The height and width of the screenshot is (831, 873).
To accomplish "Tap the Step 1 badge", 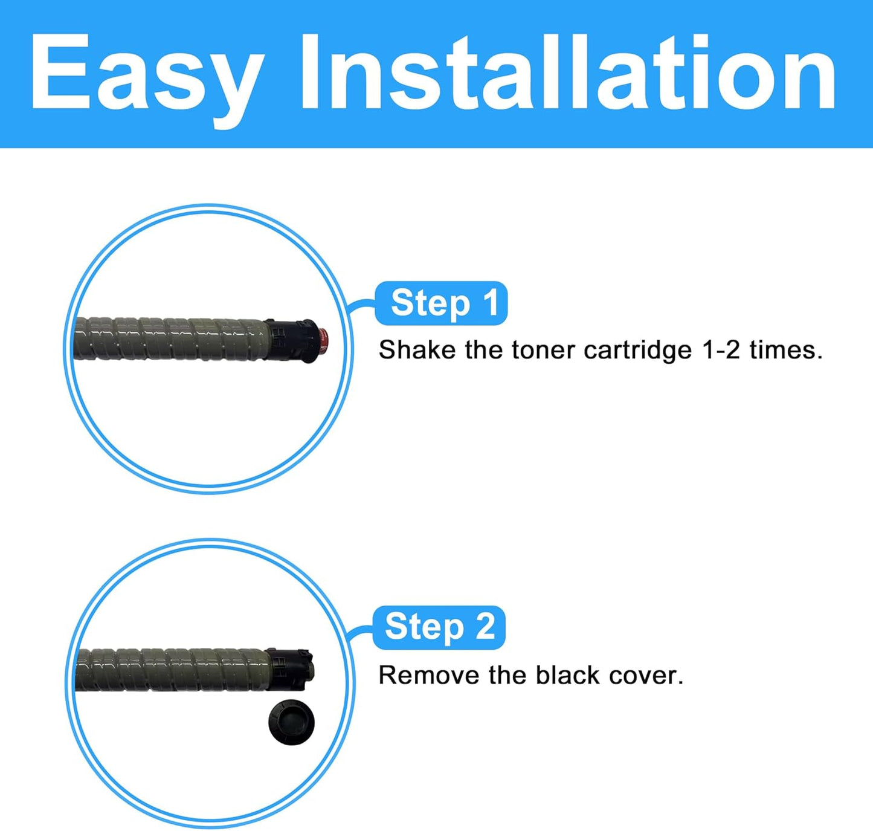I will (442, 303).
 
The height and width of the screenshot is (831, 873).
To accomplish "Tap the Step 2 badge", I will (439, 627).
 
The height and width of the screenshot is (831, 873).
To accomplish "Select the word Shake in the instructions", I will (417, 350).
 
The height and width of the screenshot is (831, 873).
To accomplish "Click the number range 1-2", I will (721, 350).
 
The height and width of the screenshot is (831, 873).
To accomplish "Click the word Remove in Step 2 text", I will (428, 675).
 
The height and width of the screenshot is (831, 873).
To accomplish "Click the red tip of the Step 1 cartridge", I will (323, 341).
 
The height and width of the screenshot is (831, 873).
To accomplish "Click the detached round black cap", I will (291, 722).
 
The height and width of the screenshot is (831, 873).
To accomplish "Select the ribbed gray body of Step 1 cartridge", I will (169, 339).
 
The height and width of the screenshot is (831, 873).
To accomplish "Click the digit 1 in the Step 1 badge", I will (491, 303).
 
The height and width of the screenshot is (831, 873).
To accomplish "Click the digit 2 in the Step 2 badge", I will (485, 627).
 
